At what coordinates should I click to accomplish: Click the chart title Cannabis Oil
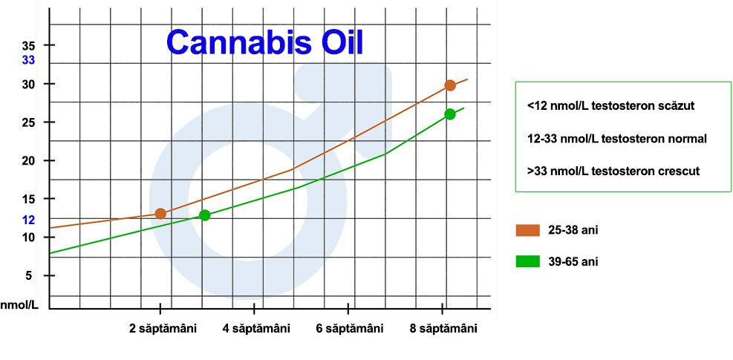coord(264,42)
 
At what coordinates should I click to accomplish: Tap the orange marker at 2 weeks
coord(160,214)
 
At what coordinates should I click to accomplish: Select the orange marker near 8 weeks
coord(450,85)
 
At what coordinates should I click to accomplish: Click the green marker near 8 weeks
coord(450,114)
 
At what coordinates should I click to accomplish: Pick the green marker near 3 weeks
coord(204,215)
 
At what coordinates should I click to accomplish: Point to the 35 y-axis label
coord(28,45)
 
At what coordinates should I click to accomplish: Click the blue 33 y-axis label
coord(28,60)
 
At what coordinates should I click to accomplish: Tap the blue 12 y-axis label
coord(28,220)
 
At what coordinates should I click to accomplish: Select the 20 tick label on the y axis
coord(28,160)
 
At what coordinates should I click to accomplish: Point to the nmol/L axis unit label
coord(19,305)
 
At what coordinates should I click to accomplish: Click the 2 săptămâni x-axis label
coord(163,329)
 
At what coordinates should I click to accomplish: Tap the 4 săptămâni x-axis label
coord(256,329)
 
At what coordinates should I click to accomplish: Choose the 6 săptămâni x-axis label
coord(350,329)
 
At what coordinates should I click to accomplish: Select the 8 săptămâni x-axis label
coord(443,329)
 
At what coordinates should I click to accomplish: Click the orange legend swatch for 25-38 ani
coord(528,231)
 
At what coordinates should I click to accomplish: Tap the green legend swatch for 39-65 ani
coord(528,261)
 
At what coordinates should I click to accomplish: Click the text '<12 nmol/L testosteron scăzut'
coord(611,105)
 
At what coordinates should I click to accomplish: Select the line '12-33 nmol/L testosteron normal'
coord(617,139)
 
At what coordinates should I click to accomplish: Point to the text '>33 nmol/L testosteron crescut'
coord(613,171)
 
